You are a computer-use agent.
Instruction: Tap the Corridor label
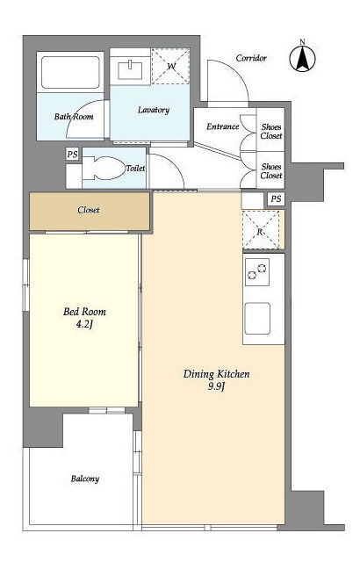[x=251, y=58]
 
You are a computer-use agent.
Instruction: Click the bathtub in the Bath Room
[x=70, y=72]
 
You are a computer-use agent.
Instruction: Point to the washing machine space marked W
[x=170, y=67]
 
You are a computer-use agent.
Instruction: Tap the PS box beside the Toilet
[x=72, y=155]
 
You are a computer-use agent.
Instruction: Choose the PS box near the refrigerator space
[x=276, y=199]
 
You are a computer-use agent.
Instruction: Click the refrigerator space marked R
[x=261, y=230]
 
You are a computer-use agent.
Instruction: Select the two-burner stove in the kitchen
[x=257, y=272]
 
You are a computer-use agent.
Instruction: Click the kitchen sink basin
[x=257, y=319]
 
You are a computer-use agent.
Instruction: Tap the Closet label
[x=89, y=210]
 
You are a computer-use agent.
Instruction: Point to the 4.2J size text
[x=84, y=325]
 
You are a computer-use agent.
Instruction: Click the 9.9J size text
[x=216, y=386]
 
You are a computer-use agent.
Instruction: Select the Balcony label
[x=85, y=479]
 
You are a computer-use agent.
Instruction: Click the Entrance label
[x=222, y=126]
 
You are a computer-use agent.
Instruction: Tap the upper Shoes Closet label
[x=271, y=131]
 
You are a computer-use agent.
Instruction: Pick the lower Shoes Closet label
[x=271, y=171]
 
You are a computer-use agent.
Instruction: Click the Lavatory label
[x=154, y=110]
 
